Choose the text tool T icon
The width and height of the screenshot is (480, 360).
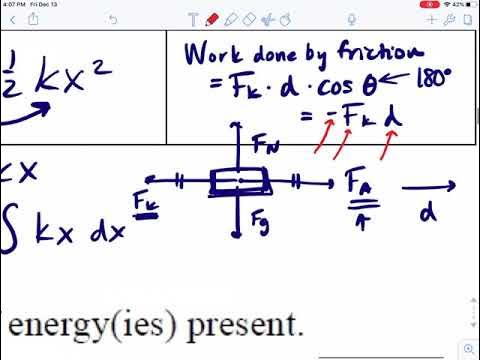point(192,20)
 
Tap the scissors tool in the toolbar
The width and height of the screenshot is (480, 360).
point(266,20)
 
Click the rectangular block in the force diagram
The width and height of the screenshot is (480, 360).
point(240,183)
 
